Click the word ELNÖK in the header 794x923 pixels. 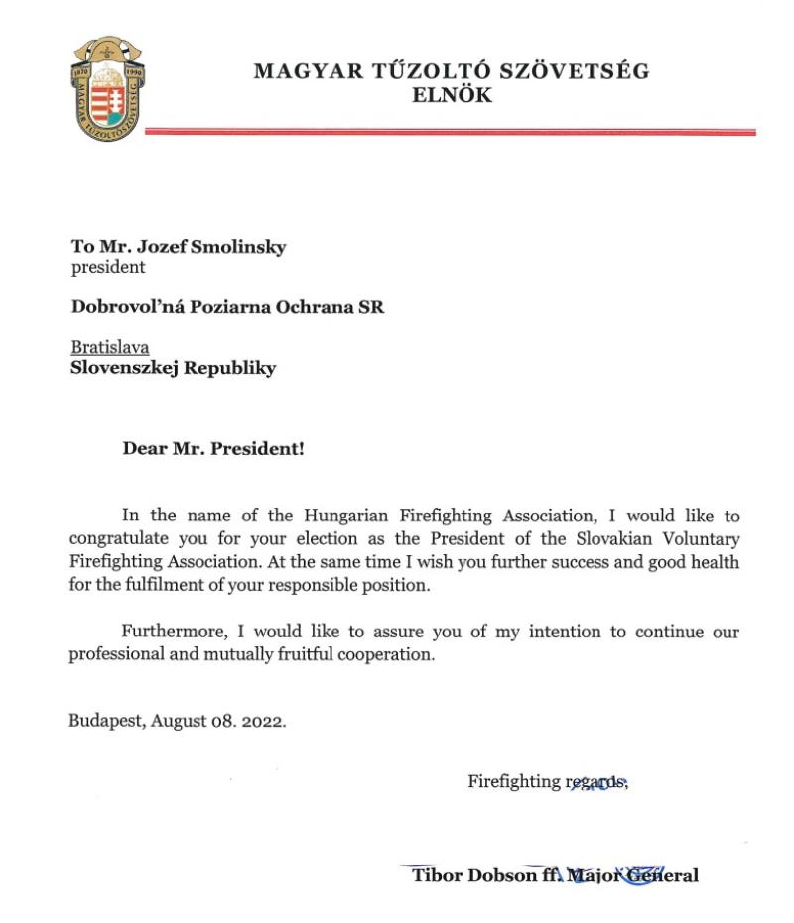(452, 96)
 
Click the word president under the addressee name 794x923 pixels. (108, 267)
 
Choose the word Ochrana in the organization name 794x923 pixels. (303, 307)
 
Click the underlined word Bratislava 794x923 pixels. (110, 348)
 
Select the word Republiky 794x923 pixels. (229, 368)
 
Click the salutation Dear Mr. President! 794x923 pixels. (213, 448)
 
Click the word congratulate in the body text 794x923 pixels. (121, 538)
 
